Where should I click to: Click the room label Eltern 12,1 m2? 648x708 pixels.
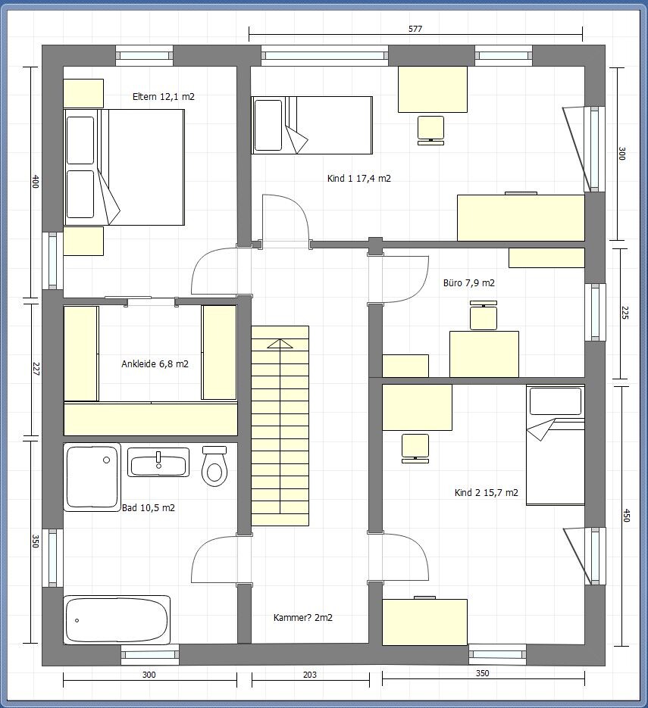pyautogui.click(x=164, y=97)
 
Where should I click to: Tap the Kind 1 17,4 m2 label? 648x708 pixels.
pyautogui.click(x=358, y=179)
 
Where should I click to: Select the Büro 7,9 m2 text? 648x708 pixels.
pyautogui.click(x=468, y=283)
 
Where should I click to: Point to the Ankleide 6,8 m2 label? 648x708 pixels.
pyautogui.click(x=155, y=364)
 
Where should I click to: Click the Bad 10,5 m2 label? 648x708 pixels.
pyautogui.click(x=149, y=508)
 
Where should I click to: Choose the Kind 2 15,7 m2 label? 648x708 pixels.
pyautogui.click(x=487, y=493)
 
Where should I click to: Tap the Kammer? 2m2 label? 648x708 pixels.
pyautogui.click(x=302, y=618)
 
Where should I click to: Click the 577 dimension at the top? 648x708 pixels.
pyautogui.click(x=415, y=29)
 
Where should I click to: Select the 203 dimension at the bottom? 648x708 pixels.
pyautogui.click(x=309, y=675)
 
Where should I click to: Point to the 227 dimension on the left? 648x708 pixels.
pyautogui.click(x=36, y=369)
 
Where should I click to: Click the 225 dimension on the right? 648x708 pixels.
pyautogui.click(x=625, y=313)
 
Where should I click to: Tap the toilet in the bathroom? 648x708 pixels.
pyautogui.click(x=214, y=466)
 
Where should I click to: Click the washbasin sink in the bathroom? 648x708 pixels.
pyautogui.click(x=158, y=463)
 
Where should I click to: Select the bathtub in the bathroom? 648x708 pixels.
pyautogui.click(x=117, y=620)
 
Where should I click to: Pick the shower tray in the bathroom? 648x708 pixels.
pyautogui.click(x=92, y=477)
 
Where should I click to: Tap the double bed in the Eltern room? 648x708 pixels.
pyautogui.click(x=124, y=167)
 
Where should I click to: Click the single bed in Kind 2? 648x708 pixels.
pyautogui.click(x=556, y=444)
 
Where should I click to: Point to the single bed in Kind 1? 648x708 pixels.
pyautogui.click(x=311, y=125)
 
